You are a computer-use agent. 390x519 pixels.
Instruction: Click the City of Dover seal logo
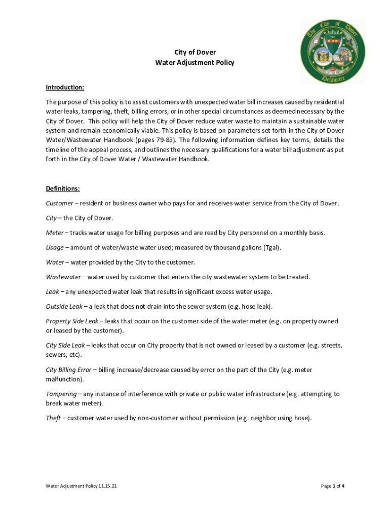pos(333,52)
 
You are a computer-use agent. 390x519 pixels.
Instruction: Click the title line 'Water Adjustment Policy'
pos(195,63)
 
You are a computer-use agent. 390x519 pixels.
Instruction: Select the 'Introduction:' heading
pos(65,87)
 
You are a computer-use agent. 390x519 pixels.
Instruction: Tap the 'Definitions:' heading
pos(63,189)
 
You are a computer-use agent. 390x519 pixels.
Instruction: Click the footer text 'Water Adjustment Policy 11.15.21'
pos(82,486)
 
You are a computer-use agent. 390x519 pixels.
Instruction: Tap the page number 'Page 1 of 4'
pos(333,486)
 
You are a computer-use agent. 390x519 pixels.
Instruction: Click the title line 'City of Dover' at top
pos(195,52)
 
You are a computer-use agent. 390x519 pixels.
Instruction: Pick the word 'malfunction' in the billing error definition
pos(63,379)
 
